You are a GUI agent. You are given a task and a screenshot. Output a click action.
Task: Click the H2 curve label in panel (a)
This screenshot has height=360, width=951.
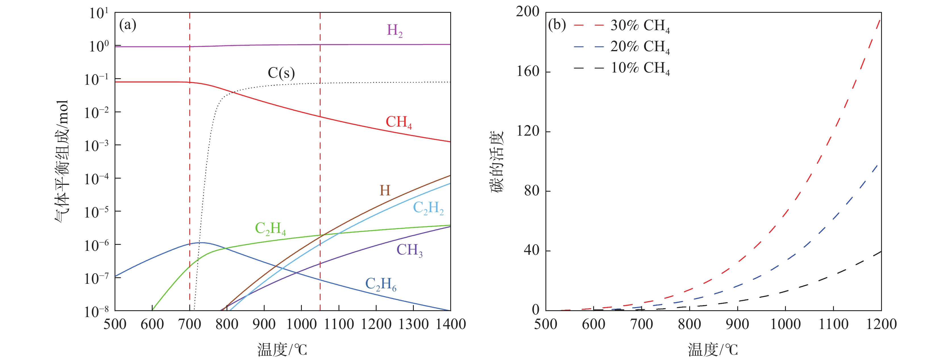(394, 31)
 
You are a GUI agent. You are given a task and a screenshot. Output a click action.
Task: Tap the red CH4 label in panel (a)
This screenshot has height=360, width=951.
(398, 122)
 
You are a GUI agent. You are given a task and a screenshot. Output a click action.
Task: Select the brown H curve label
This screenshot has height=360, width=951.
(385, 191)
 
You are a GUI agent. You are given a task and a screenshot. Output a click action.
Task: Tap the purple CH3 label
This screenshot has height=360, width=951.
(409, 250)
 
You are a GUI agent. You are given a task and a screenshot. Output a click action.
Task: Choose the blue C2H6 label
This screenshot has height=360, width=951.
(380, 284)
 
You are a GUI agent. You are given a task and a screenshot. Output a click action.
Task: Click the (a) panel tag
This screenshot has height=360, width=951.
(128, 25)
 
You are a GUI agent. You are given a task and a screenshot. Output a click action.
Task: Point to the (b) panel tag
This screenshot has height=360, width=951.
(557, 25)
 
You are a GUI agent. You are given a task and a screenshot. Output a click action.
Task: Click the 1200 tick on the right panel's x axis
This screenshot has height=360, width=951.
(881, 324)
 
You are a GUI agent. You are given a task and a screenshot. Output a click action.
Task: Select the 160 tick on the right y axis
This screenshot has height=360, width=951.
(528, 71)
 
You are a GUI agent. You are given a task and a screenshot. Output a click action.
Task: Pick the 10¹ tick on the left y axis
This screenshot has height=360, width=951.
(99, 14)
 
